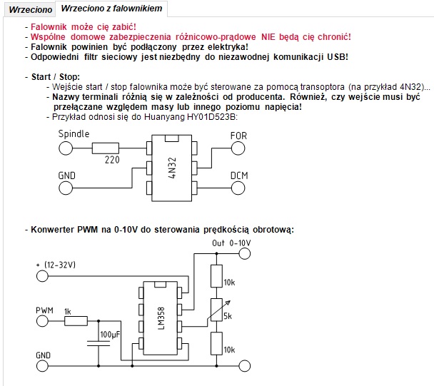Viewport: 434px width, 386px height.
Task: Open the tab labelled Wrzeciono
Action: point(30,10)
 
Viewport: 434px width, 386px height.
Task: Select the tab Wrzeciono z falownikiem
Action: point(111,9)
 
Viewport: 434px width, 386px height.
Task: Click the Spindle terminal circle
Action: point(66,148)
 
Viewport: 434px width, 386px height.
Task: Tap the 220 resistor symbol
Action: point(106,148)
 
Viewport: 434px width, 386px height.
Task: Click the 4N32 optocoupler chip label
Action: point(172,168)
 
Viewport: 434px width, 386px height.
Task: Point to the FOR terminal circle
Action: point(238,148)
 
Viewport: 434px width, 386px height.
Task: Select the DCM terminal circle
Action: point(238,188)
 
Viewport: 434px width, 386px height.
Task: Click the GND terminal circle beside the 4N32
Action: point(66,188)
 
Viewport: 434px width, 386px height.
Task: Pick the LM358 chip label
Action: point(161,318)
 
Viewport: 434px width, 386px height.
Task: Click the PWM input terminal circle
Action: point(42,321)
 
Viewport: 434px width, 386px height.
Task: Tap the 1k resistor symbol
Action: point(76,321)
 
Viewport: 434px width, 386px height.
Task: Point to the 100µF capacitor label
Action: point(110,335)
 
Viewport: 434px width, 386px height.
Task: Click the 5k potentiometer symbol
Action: point(217,310)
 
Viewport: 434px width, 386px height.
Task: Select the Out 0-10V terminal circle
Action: point(244,253)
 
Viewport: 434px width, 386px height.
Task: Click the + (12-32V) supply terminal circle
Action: point(42,276)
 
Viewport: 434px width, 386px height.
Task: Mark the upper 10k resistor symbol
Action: point(217,276)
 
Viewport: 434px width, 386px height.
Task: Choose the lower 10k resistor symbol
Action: point(217,344)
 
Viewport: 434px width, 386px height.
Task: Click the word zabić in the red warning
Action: point(124,27)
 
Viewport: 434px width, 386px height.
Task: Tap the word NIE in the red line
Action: point(268,37)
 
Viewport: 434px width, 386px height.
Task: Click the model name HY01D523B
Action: point(212,117)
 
